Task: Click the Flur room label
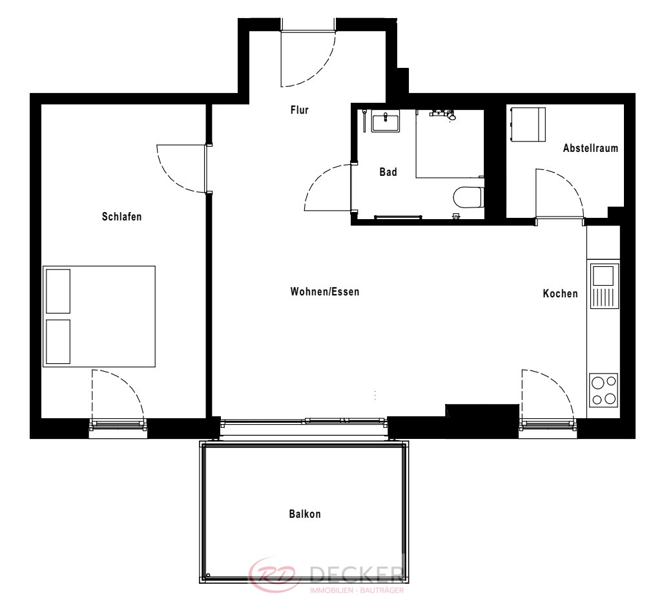point(300,110)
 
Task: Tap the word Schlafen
point(121,217)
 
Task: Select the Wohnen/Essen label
point(325,292)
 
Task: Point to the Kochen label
point(560,294)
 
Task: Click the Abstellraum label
point(590,148)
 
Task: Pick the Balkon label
point(305,514)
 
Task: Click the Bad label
point(388,172)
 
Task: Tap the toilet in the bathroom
point(468,197)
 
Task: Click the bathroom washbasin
point(386,121)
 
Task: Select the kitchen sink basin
point(603,276)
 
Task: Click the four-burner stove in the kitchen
point(603,390)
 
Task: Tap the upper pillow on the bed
point(58,291)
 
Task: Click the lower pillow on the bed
point(58,342)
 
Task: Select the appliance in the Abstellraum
point(528,124)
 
